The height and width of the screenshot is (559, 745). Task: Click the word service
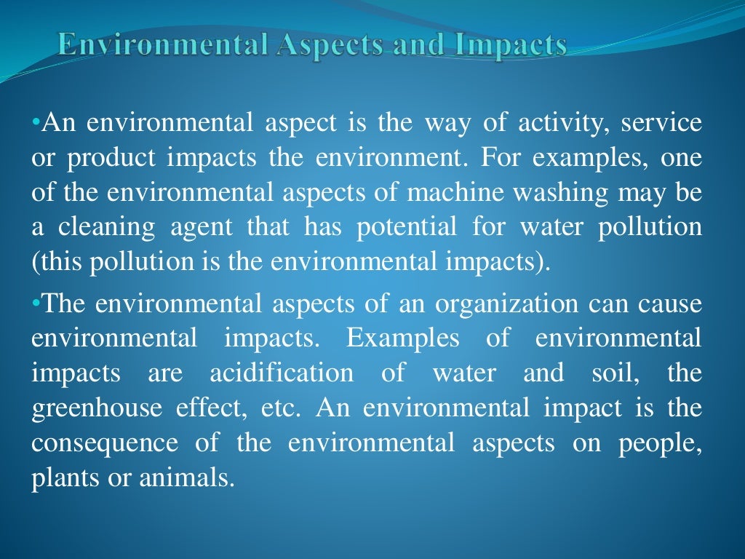click(661, 124)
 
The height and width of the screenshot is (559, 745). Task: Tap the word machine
click(443, 194)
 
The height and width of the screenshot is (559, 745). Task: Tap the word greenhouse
click(98, 408)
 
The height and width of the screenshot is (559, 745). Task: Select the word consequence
click(105, 443)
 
